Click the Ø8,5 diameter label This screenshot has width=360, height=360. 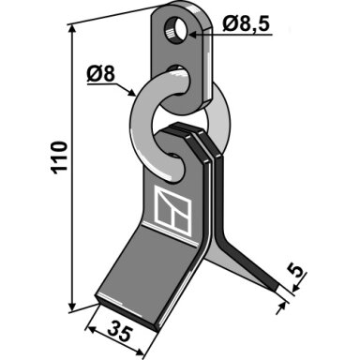246,23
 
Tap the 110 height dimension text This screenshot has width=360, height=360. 59,157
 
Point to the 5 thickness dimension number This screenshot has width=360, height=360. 296,270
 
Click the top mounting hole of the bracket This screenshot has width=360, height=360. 175,31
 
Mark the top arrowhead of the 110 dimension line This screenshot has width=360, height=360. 72,30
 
